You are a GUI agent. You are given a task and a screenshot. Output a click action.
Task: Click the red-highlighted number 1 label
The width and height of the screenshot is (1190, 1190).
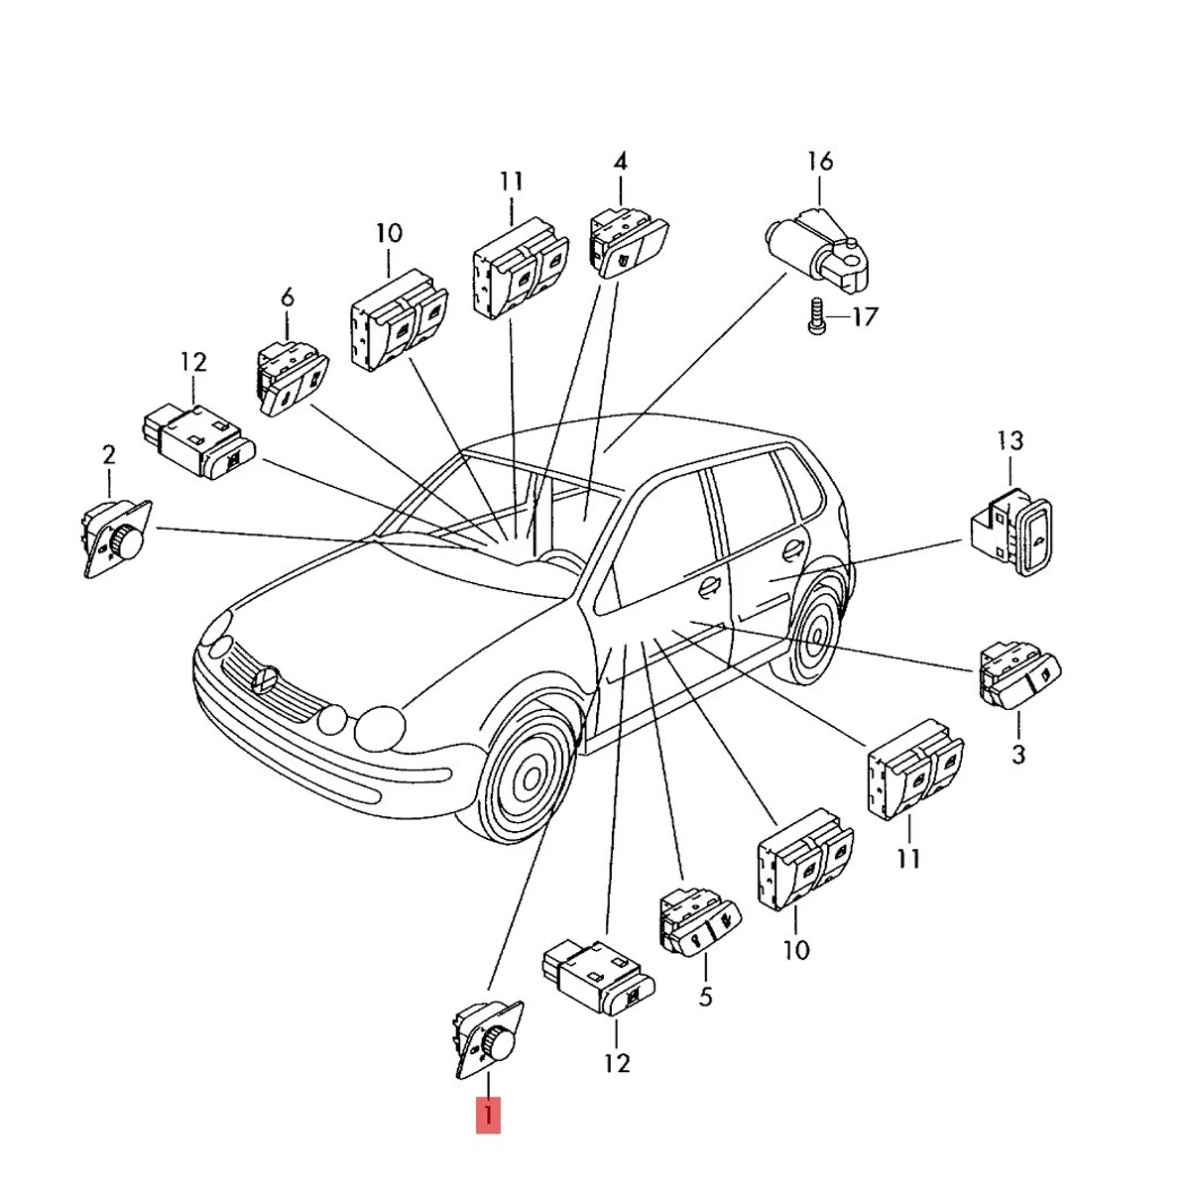tap(488, 1115)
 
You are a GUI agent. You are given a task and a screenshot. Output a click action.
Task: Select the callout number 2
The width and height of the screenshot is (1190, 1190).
tap(109, 455)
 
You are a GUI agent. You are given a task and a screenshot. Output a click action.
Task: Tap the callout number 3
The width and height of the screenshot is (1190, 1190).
tap(1018, 754)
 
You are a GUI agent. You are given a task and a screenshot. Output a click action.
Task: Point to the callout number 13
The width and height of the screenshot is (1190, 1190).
tap(1010, 439)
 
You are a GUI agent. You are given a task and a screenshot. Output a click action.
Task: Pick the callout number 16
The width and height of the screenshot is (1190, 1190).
tap(820, 161)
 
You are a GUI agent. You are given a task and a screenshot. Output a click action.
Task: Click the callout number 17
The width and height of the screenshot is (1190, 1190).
tap(865, 318)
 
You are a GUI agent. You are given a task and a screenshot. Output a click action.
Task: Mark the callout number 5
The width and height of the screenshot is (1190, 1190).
tap(705, 996)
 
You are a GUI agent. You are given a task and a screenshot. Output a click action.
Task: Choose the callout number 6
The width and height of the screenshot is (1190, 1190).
tap(288, 296)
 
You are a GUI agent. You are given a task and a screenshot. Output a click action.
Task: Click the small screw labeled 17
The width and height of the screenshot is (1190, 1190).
tap(816, 317)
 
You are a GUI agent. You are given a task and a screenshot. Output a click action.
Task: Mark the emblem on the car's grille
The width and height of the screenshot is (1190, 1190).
tap(264, 679)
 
